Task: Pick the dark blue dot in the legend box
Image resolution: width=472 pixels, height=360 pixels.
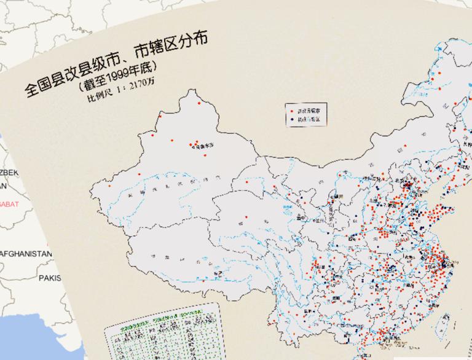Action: coord(291,120)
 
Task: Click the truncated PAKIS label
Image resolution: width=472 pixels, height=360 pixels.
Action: coord(49,278)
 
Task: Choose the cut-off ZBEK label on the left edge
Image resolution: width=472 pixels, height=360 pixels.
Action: coord(9,173)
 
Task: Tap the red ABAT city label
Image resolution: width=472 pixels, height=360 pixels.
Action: coord(9,203)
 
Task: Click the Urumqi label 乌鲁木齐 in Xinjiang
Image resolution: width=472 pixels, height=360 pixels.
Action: coord(201,147)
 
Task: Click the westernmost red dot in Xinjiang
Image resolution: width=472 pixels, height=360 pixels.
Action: coord(109,185)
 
